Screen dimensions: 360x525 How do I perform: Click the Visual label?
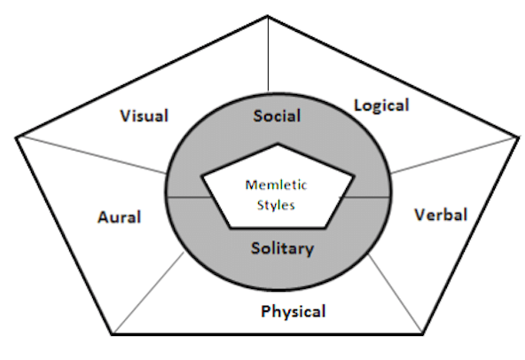(x=144, y=116)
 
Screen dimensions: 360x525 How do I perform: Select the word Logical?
(x=381, y=106)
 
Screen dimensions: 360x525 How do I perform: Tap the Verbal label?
(x=441, y=215)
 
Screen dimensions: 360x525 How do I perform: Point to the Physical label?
(x=294, y=311)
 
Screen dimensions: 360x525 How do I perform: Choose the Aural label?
(x=119, y=217)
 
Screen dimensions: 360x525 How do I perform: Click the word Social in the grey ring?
(x=277, y=115)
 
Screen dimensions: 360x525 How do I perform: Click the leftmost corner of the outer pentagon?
(x=17, y=136)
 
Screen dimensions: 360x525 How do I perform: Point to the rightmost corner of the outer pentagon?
(x=517, y=136)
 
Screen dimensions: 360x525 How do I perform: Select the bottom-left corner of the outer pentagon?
(x=113, y=334)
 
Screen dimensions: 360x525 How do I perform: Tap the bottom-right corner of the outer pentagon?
(x=422, y=334)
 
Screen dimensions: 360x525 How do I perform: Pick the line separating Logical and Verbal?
(x=452, y=154)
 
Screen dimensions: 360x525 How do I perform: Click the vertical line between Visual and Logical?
(x=268, y=53)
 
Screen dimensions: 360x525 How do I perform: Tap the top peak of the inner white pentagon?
(x=278, y=143)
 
